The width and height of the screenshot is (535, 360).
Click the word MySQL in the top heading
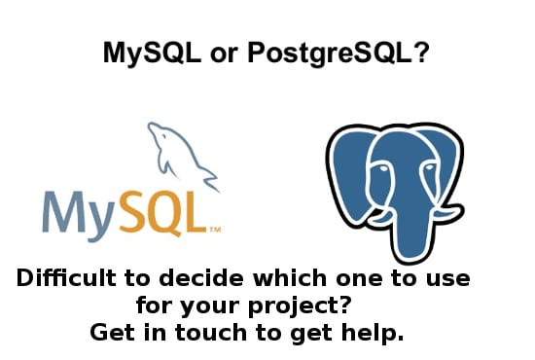click(x=152, y=54)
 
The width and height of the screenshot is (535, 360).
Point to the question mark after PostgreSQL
click(x=420, y=53)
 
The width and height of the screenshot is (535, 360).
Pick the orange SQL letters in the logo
click(x=163, y=214)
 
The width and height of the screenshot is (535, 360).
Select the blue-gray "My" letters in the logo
click(x=78, y=216)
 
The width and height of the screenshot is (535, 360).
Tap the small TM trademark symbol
click(x=215, y=230)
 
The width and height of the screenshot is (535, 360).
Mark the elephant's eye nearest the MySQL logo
click(x=383, y=169)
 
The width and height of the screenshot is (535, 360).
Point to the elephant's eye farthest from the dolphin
click(x=429, y=168)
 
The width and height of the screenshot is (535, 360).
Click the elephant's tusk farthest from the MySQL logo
click(x=448, y=213)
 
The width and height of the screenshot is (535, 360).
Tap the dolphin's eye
click(x=164, y=136)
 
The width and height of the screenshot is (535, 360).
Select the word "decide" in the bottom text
click(x=201, y=278)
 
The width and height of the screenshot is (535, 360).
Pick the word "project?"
click(x=300, y=306)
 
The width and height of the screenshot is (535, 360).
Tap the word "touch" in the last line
click(x=211, y=333)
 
